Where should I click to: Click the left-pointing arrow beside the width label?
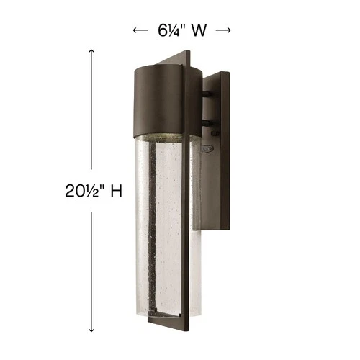point(140,30)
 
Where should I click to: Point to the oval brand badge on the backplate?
point(207,149)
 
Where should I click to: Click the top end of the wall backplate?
point(216,74)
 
